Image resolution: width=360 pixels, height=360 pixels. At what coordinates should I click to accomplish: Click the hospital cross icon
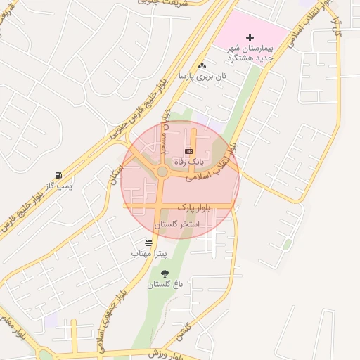coord(250,37)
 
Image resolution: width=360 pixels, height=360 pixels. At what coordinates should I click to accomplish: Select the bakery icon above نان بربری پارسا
coord(202,65)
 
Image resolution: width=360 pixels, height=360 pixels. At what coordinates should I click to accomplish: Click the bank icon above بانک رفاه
coord(188,151)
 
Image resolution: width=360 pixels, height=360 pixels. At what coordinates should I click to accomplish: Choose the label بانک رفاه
coord(188,162)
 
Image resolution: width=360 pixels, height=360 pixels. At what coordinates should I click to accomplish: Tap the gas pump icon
coord(57,175)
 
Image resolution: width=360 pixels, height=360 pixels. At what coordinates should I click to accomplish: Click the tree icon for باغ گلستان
coord(165,274)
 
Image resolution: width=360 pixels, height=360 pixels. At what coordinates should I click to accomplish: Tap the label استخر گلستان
coord(181,224)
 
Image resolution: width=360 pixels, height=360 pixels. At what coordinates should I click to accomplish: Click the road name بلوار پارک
coord(194,207)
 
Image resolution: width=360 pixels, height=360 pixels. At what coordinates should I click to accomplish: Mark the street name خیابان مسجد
coord(165,135)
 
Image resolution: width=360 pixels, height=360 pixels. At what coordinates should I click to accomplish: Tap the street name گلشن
coord(185,329)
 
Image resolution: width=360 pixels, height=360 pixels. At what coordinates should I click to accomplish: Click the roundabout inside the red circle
coord(162,172)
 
